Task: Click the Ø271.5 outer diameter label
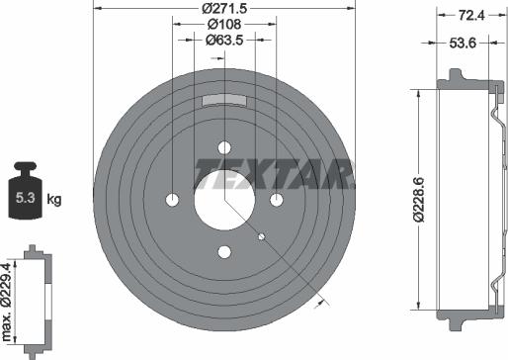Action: [224, 7]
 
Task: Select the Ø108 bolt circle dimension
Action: [224, 24]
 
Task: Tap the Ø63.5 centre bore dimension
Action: [224, 41]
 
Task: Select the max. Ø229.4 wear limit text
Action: [9, 296]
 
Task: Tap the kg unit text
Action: [54, 200]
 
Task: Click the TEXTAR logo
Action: [274, 176]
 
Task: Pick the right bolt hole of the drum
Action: [277, 200]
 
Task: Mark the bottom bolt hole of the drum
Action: [224, 252]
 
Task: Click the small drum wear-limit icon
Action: [35, 297]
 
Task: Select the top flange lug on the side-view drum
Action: [457, 76]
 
